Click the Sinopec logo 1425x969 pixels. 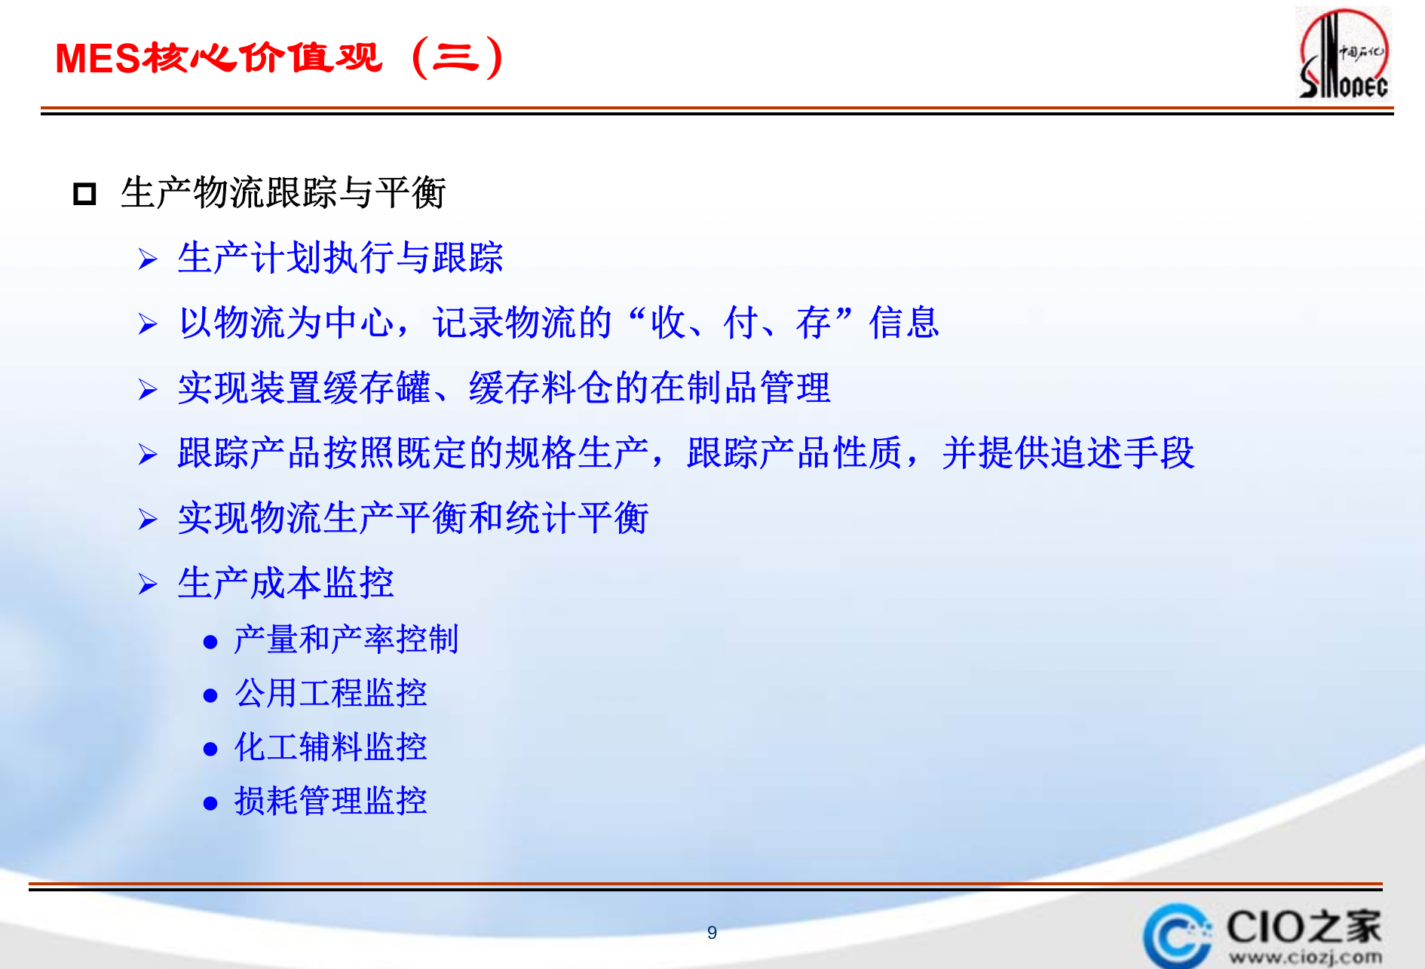(1344, 54)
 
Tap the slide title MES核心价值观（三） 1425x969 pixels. (279, 57)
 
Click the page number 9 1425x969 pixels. (712, 933)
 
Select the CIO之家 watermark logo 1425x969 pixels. (1264, 936)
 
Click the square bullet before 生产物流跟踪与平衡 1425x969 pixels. (84, 194)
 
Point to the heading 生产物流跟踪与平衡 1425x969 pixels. (283, 192)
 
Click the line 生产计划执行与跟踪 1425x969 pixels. (340, 258)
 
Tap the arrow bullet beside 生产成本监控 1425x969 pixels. (148, 584)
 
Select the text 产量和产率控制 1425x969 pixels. (346, 639)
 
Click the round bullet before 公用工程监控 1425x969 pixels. (210, 695)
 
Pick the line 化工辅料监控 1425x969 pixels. (330, 747)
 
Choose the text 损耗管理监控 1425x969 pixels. (330, 801)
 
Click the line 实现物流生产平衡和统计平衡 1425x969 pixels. (413, 518)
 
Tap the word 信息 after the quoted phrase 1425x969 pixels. (903, 323)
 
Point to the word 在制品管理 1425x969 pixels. (740, 388)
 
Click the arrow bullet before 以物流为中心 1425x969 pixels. (148, 324)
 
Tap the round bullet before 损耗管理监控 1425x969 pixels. (210, 803)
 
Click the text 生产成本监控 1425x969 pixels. (286, 583)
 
